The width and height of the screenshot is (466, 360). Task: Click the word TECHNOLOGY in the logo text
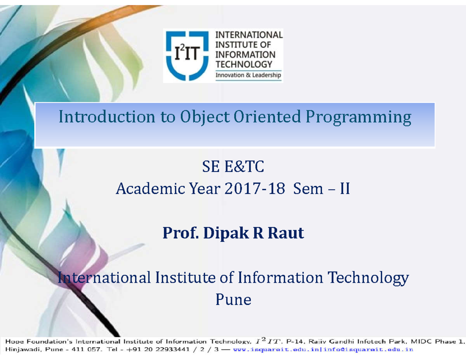tap(244, 64)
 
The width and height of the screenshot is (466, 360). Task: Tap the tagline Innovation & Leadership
tap(248, 75)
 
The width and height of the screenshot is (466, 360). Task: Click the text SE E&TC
tap(233, 168)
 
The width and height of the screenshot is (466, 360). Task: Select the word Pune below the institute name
tap(233, 299)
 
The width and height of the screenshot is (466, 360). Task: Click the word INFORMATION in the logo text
tap(245, 54)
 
